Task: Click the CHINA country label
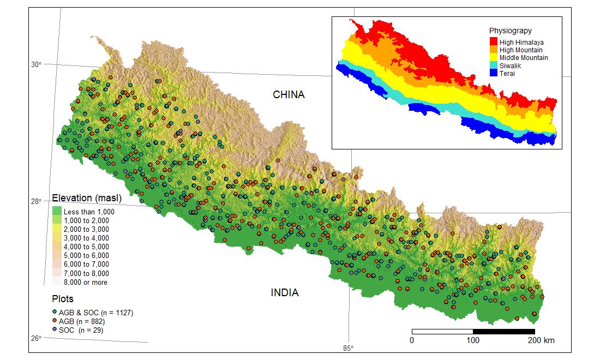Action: (x=289, y=95)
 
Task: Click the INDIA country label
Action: (x=285, y=293)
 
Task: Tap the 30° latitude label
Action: (x=37, y=64)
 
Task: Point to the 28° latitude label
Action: (x=37, y=201)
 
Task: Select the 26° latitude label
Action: (x=37, y=338)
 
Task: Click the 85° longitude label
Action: (x=348, y=349)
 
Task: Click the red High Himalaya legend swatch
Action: (x=493, y=42)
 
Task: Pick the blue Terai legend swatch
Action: (x=493, y=73)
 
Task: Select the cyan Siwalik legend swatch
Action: (x=493, y=65)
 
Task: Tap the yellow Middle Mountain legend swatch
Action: (x=493, y=57)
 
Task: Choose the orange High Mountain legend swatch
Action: (x=493, y=50)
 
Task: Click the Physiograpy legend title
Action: (x=510, y=31)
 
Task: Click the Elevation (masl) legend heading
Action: (x=86, y=197)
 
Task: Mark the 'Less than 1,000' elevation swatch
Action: (x=56, y=211)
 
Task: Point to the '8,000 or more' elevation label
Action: (x=86, y=283)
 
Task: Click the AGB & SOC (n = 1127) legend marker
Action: (x=55, y=312)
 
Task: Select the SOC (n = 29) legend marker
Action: (x=55, y=329)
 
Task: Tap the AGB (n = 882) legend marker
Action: (x=55, y=321)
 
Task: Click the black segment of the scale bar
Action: (x=503, y=332)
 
